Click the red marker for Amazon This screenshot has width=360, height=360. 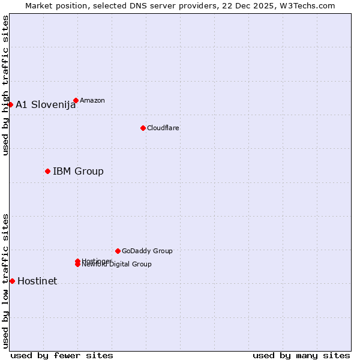tap(76, 100)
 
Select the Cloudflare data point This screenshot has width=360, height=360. tap(143, 128)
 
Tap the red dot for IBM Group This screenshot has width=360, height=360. tap(47, 171)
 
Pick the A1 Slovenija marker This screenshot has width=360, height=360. tap(10, 104)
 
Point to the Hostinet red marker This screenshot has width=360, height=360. tap(12, 281)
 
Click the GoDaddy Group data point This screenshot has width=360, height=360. tap(118, 251)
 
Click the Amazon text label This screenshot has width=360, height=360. tap(92, 100)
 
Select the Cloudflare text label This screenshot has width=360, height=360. tap(163, 128)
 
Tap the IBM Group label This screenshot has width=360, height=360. tap(78, 171)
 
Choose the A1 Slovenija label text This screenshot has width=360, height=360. tap(46, 104)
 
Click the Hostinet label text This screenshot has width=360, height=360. tap(37, 281)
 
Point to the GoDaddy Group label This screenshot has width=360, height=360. tap(147, 251)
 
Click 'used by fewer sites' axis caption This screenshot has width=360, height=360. tap(62, 355)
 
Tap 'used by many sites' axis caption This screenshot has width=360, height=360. tap(301, 355)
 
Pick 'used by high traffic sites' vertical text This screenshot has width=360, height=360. tap(5, 85)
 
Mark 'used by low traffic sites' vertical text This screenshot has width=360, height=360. tap(5, 280)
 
